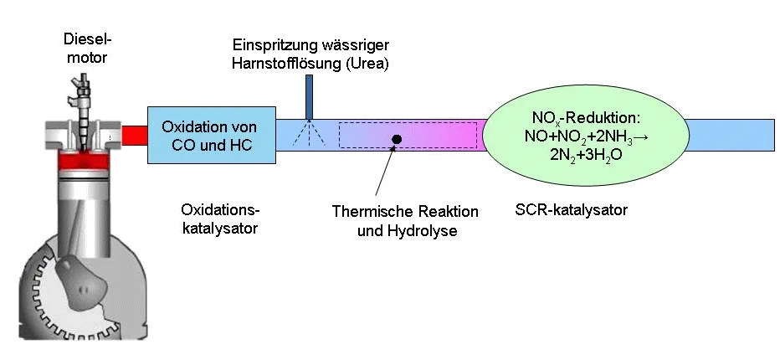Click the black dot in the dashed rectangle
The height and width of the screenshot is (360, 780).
coord(397,139)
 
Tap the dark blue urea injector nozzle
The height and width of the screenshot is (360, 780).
coord(309,97)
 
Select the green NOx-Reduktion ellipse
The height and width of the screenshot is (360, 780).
coord(586,135)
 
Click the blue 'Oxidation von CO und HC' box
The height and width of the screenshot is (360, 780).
coord(212,135)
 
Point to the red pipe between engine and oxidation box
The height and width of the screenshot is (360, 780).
coord(134,136)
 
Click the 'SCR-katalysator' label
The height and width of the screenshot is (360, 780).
coord(571,209)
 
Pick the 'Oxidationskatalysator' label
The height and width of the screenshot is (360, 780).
coord(220,219)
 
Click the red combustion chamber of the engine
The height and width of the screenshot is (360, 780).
coord(83,160)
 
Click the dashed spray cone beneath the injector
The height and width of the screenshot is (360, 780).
coord(309,132)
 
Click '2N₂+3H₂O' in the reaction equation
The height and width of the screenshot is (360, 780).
coord(585,154)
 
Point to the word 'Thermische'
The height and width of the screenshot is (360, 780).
coord(367,211)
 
